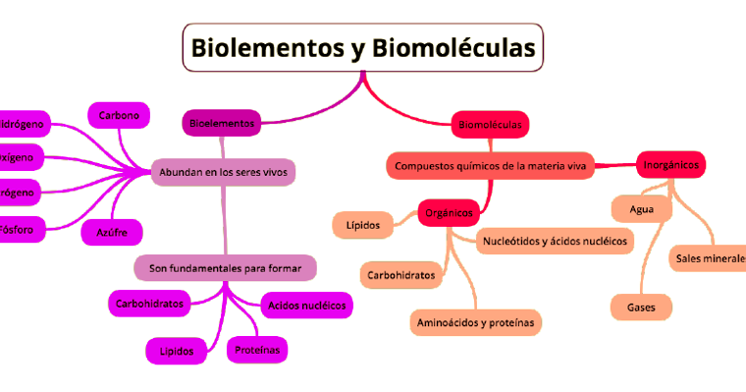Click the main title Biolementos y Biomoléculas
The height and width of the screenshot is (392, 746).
point(363,48)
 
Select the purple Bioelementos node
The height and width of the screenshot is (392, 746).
point(222,123)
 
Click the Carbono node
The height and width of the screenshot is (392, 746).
point(119,116)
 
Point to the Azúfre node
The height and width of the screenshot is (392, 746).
point(113,232)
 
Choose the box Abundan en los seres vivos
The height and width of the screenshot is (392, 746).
point(223,172)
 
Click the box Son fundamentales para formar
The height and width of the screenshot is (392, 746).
point(225,267)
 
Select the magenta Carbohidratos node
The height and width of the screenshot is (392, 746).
point(149,304)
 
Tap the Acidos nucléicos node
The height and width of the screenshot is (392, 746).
point(306,306)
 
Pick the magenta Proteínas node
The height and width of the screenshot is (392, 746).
point(257,349)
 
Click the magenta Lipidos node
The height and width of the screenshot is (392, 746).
point(177,350)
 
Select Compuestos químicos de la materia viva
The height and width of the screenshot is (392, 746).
point(490,166)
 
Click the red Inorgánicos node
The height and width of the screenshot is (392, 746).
point(671,165)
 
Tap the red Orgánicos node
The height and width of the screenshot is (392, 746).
point(447,212)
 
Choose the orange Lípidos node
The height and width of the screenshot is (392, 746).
point(362,225)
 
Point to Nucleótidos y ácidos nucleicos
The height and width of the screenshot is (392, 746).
point(555,241)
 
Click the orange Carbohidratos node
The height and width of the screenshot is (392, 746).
point(401,275)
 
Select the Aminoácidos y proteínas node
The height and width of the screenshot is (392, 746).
point(475,321)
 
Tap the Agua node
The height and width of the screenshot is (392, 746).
point(641,209)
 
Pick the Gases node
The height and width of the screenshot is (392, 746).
point(641,308)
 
